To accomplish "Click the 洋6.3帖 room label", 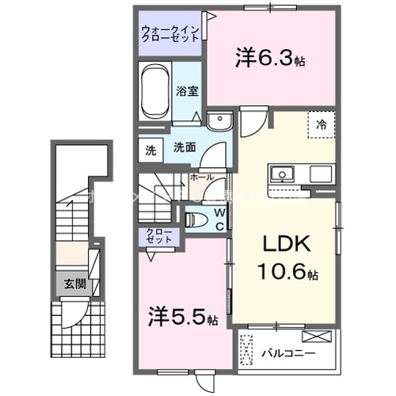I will [269, 57].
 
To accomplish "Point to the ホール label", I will [201, 177].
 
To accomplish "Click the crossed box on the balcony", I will [247, 348].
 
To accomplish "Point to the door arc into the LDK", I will [253, 120].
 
